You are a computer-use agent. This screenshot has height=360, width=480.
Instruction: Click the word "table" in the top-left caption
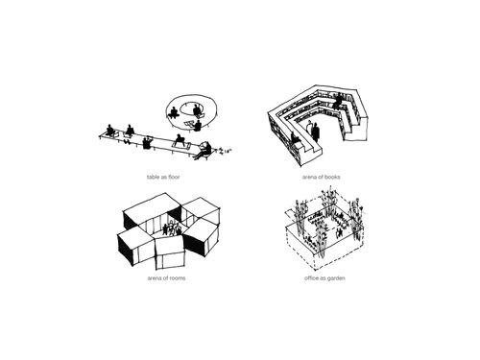pyautogui.click(x=153, y=177)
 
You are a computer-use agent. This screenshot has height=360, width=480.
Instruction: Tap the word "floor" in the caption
pyautogui.click(x=173, y=177)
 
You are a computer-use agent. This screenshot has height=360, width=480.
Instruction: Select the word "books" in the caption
pyautogui.click(x=333, y=177)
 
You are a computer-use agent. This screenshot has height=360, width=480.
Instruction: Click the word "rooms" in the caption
pyautogui.click(x=178, y=278)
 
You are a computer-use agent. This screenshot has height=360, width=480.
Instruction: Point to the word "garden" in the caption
pyautogui.click(x=336, y=278)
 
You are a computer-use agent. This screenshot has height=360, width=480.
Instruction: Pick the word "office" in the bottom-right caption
pyautogui.click(x=311, y=278)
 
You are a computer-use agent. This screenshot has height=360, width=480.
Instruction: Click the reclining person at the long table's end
pyautogui.click(x=204, y=151)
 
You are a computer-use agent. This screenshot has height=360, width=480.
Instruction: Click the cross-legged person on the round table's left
pyautogui.click(x=174, y=112)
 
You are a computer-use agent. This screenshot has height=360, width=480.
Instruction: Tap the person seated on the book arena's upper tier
pyautogui.click(x=337, y=101)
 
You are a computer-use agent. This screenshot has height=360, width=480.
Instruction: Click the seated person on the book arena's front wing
pyautogui.click(x=295, y=138)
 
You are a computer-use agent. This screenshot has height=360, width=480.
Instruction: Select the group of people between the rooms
pyautogui.click(x=172, y=228)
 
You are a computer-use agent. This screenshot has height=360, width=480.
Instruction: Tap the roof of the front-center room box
pyautogui.click(x=170, y=245)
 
